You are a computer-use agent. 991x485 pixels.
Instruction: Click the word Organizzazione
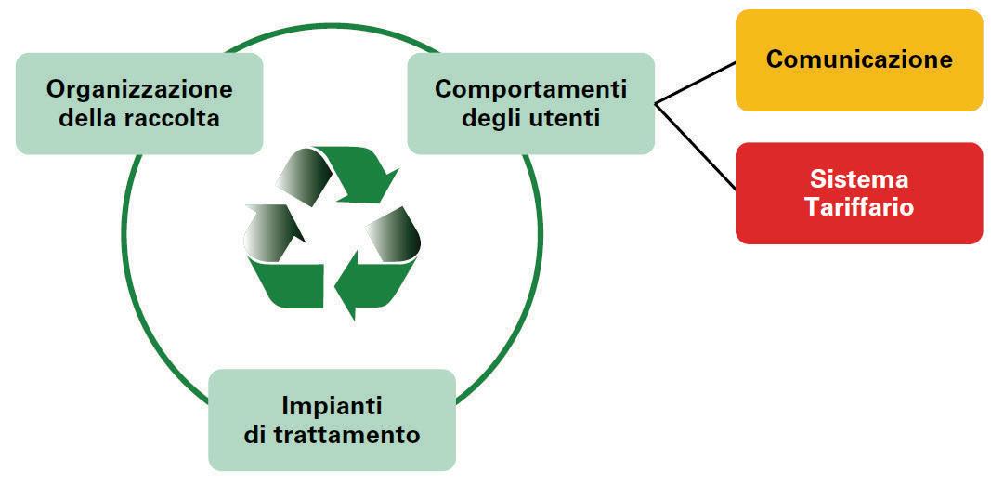click(x=139, y=90)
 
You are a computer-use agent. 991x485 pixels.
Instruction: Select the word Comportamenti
click(x=530, y=90)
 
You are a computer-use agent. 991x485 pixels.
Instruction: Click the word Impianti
click(x=332, y=406)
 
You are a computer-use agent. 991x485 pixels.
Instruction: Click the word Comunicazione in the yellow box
click(x=859, y=59)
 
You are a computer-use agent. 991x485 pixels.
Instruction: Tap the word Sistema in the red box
click(x=858, y=179)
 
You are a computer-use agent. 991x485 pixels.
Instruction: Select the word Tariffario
click(x=859, y=206)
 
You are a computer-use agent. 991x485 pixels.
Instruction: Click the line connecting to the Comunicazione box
click(x=697, y=83)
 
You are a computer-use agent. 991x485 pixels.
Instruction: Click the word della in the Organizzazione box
click(x=97, y=118)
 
